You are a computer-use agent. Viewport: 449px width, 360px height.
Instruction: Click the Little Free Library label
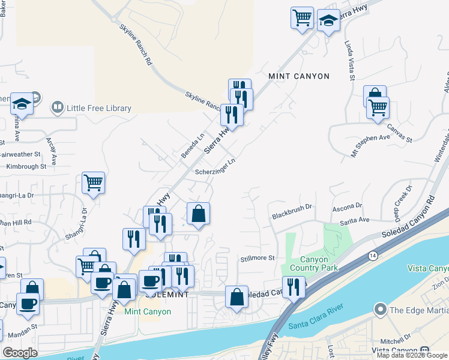[x=99, y=108]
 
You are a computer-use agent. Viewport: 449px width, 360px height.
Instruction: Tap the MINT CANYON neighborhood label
[x=299, y=76]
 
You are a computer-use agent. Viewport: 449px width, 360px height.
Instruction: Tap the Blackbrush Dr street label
[x=292, y=211]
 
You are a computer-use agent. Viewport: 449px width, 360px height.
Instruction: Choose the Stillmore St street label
[x=257, y=258]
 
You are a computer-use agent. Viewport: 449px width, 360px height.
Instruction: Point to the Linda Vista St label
[x=349, y=60]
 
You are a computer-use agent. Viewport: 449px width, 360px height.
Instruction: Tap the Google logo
[x=20, y=353]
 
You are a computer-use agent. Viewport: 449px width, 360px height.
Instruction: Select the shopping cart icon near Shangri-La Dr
[x=94, y=182]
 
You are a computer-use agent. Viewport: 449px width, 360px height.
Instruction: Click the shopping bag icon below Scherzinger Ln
[x=198, y=214]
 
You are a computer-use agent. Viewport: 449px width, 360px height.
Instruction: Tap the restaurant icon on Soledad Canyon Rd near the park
[x=294, y=286]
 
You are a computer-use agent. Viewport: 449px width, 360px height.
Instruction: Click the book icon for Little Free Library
[x=58, y=108]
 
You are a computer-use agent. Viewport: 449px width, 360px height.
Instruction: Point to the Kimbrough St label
[x=23, y=166]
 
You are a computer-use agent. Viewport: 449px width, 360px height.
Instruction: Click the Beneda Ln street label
[x=193, y=146]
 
